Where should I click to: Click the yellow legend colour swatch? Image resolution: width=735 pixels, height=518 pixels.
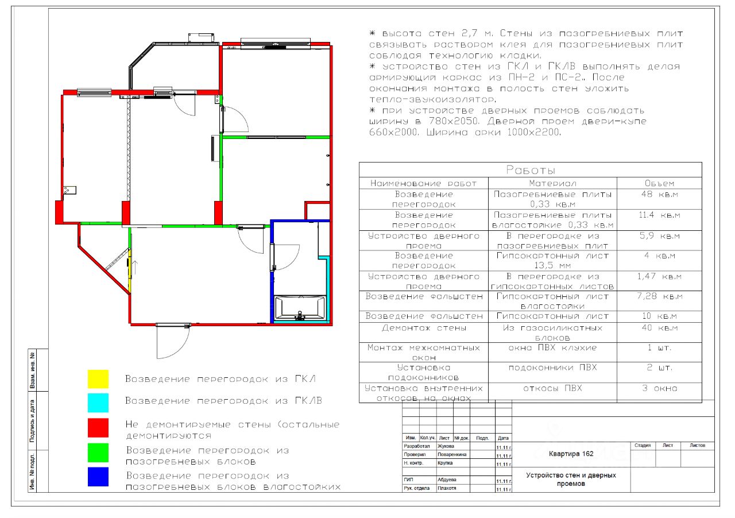98,379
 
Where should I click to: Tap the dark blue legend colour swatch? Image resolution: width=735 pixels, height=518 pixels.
98,477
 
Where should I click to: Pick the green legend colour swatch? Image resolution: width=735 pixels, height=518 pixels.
98,452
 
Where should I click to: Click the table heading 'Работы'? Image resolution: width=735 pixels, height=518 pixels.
530,170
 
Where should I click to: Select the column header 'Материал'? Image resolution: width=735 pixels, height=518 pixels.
552,184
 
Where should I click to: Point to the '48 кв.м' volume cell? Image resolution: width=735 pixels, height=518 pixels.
659,194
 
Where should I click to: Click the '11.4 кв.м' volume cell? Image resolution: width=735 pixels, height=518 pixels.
659,215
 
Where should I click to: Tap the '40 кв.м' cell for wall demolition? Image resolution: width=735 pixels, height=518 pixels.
659,328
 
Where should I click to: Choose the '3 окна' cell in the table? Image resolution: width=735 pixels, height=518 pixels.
659,388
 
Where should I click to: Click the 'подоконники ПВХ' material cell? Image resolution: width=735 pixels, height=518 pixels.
552,368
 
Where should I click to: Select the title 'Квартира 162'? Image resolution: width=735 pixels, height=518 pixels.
571,454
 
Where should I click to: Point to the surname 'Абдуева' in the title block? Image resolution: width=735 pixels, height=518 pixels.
447,480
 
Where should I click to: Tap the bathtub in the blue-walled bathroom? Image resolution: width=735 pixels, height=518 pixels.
300,308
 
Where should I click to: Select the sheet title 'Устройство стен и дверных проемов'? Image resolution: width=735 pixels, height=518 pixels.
571,480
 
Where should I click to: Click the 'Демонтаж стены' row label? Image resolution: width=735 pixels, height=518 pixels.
424,328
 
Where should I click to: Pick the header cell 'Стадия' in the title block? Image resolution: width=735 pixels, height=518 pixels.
643,445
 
